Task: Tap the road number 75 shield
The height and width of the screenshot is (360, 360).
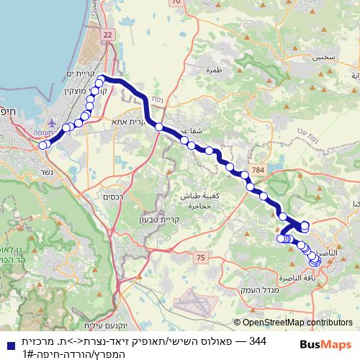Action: click(200, 258)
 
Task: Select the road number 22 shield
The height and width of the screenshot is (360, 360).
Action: click(108, 34)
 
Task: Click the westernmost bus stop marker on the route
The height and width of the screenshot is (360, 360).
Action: click(42, 145)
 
